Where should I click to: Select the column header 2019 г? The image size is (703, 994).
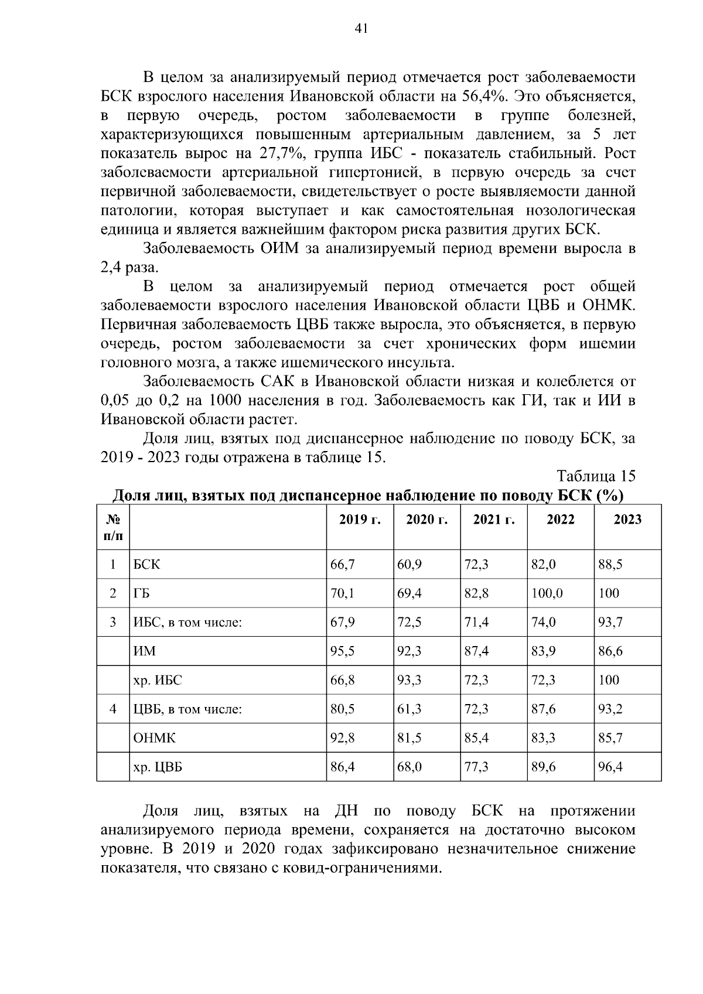(x=360, y=520)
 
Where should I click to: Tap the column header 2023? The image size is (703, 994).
(x=627, y=520)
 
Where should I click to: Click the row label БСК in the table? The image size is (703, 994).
(x=146, y=565)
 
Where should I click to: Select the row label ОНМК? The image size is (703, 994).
(x=155, y=738)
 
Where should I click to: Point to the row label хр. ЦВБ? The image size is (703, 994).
(x=158, y=767)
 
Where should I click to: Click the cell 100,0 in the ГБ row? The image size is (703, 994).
(x=547, y=593)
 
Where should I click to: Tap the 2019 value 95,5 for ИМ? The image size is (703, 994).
(x=343, y=651)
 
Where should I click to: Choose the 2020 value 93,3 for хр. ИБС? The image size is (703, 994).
(x=409, y=680)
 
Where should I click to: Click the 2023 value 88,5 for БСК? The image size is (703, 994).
(x=610, y=565)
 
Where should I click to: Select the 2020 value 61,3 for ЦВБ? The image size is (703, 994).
(x=409, y=709)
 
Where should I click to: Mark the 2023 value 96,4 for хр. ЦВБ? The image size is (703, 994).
(x=610, y=767)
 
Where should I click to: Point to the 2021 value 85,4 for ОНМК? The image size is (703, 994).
(x=476, y=738)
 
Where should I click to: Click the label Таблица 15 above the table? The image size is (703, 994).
(x=596, y=476)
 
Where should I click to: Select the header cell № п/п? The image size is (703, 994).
(x=113, y=527)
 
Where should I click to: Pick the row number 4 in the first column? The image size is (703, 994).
(x=113, y=709)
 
